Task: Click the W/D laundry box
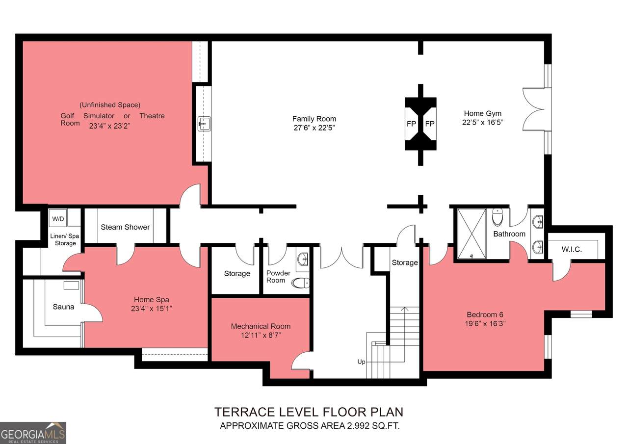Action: click(x=58, y=218)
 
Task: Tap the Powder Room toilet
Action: click(x=301, y=283)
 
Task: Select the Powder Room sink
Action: click(x=303, y=259)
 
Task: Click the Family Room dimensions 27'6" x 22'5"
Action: click(x=314, y=128)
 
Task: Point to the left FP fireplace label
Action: click(x=411, y=124)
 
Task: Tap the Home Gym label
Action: click(x=482, y=113)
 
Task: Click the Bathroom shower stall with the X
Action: click(x=472, y=234)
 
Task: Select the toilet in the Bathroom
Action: click(x=497, y=217)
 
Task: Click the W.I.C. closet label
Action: click(x=572, y=249)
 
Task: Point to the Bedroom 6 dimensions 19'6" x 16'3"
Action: click(x=485, y=323)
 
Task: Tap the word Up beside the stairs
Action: click(x=361, y=362)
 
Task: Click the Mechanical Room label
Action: click(x=261, y=326)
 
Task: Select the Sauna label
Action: click(x=63, y=307)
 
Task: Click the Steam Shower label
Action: click(x=125, y=227)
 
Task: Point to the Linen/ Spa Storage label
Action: click(x=65, y=239)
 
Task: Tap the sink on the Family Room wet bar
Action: click(x=205, y=124)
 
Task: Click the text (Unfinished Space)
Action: click(x=110, y=105)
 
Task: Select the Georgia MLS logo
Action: click(x=33, y=433)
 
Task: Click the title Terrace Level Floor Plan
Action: click(x=309, y=412)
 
